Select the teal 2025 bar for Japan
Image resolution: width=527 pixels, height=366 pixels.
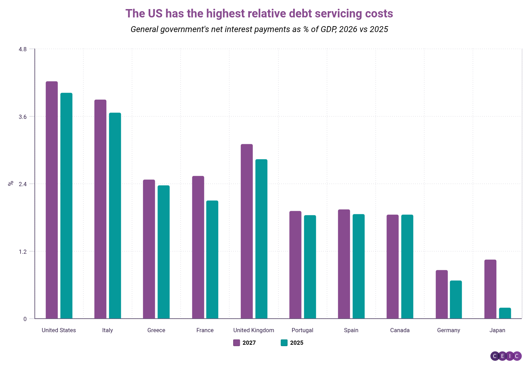[x=505, y=313]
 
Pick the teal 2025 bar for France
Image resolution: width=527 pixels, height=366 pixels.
[x=212, y=259]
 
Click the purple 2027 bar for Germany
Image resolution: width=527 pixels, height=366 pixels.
[x=442, y=294]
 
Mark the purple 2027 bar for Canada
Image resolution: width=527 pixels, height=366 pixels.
[x=392, y=266]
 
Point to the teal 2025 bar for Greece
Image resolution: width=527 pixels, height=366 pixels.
[x=163, y=252]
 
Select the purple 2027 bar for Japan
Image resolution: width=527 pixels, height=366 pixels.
[x=490, y=289]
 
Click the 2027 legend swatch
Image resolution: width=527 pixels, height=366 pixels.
[x=237, y=343]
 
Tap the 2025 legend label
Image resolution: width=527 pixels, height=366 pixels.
[x=297, y=343]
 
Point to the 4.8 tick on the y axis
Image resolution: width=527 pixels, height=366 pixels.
[x=23, y=49]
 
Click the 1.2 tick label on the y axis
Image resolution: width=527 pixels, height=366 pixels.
[x=23, y=251]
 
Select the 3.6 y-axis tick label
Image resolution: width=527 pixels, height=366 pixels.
[x=23, y=117]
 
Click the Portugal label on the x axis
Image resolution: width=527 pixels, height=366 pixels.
[x=302, y=330]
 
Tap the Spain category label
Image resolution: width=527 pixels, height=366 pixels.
[x=351, y=330]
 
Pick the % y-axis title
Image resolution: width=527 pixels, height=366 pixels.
[x=11, y=183]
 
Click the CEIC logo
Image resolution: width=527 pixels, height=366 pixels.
[x=506, y=356]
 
